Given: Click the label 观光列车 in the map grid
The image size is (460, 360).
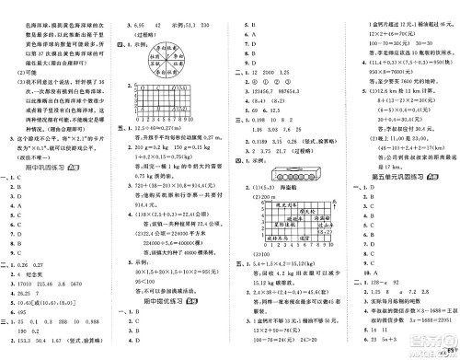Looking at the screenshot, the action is [277, 210].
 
